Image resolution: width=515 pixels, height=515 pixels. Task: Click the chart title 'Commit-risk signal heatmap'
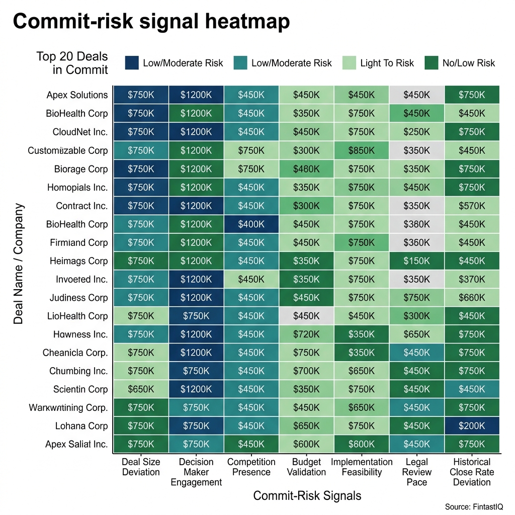[x=151, y=23]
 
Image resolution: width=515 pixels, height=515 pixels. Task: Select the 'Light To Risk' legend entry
[x=387, y=63]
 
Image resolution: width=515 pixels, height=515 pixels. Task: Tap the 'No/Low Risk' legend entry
[x=468, y=63]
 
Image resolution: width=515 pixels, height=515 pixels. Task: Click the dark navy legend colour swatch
[x=132, y=62]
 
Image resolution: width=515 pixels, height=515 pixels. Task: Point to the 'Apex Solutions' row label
[x=77, y=95]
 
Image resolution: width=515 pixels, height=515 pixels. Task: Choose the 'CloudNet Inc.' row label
[x=80, y=132]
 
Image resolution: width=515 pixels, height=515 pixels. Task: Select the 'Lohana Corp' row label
[x=81, y=426]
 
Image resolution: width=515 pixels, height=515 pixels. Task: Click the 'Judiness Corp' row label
[x=78, y=298]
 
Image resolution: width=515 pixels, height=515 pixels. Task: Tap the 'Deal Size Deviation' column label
[x=141, y=467]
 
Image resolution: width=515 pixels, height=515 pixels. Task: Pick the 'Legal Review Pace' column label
[x=416, y=472]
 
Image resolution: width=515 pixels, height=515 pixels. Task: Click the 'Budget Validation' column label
[x=306, y=467]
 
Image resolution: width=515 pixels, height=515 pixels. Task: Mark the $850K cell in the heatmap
[x=362, y=150]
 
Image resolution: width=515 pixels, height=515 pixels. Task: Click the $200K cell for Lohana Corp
[x=472, y=426]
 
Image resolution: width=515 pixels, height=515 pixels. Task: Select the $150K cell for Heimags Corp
[x=416, y=261]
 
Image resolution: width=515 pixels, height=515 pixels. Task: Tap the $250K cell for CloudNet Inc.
[x=416, y=132]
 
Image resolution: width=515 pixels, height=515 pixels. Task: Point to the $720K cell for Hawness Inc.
[x=306, y=334]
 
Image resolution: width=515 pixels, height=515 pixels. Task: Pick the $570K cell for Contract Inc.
[x=472, y=206]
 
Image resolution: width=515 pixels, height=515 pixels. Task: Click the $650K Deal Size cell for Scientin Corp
[x=141, y=389]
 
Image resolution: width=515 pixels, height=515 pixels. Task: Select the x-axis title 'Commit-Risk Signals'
[x=307, y=496]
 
